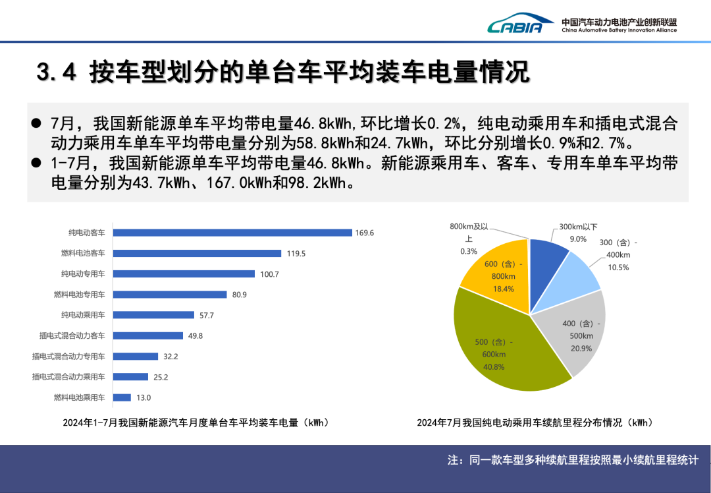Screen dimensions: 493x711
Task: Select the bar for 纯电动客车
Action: pos(232,233)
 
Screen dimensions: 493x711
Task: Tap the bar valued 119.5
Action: pos(197,253)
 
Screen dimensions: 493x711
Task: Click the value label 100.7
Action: pos(270,274)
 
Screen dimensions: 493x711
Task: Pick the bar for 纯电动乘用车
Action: pos(154,315)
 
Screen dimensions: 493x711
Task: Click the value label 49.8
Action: pos(196,335)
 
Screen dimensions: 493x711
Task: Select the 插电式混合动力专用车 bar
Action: pos(136,357)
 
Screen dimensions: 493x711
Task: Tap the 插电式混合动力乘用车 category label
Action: pos(68,377)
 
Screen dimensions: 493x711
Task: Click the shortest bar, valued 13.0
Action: pos(122,397)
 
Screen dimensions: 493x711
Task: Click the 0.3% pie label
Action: pos(468,251)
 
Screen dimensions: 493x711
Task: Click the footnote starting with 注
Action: pos(572,460)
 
